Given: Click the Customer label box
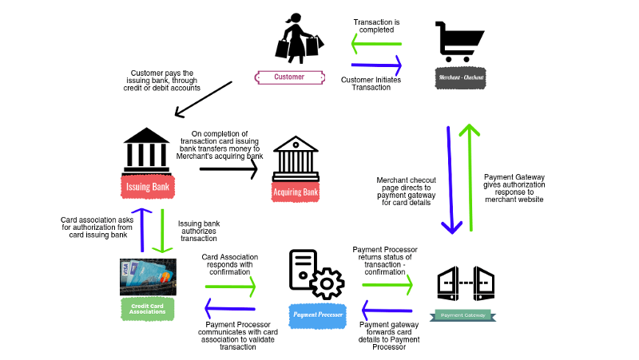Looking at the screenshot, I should click(x=289, y=77).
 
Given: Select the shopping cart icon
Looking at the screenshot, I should click(x=460, y=42).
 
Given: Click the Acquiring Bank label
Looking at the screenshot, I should click(x=296, y=192).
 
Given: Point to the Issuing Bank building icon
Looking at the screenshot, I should click(x=149, y=147).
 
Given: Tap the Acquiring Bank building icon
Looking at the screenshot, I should click(x=295, y=159).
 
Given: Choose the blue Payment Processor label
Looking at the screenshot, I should click(x=317, y=315).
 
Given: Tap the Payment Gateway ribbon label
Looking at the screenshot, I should click(x=463, y=315).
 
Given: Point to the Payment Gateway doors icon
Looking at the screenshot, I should click(x=466, y=283).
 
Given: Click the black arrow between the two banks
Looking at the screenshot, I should click(x=230, y=168).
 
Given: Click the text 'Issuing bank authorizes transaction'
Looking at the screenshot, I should click(x=200, y=231).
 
